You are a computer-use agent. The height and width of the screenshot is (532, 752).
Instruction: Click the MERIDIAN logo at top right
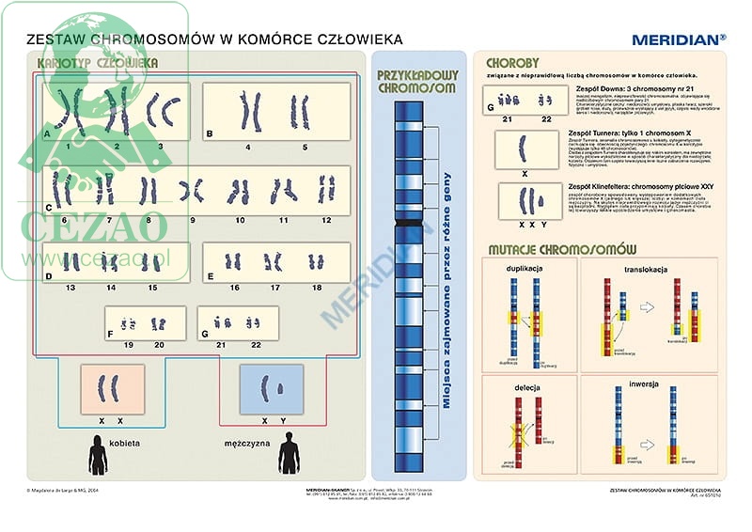[679, 39]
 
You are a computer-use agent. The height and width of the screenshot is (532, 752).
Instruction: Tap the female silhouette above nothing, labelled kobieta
[98, 455]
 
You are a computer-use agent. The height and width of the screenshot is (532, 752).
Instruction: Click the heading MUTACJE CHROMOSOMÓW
[562, 249]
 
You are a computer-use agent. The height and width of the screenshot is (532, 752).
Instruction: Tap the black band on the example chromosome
[408, 222]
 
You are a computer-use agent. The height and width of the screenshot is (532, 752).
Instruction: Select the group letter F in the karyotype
[111, 332]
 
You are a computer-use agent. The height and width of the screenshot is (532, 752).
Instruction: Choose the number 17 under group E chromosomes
[275, 287]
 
